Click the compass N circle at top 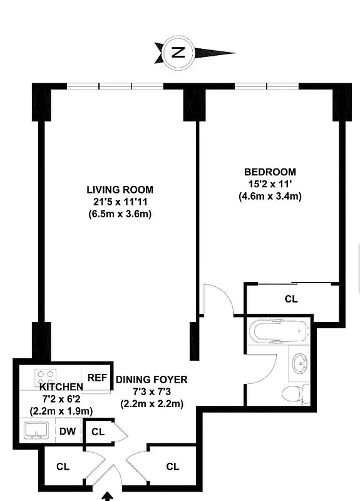(179, 53)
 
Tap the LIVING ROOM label (120, 190)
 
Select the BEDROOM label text (270, 172)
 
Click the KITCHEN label (56, 387)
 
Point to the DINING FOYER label (152, 380)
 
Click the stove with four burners (46, 378)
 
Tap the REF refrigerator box (96, 378)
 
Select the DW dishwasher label (67, 431)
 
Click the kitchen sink (37, 431)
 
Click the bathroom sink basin (300, 363)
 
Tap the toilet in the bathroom (294, 393)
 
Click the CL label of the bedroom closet (291, 299)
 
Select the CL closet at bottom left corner (63, 467)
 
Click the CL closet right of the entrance (173, 467)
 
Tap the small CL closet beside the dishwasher (98, 431)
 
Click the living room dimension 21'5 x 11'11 (120, 202)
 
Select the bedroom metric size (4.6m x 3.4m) (270, 196)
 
